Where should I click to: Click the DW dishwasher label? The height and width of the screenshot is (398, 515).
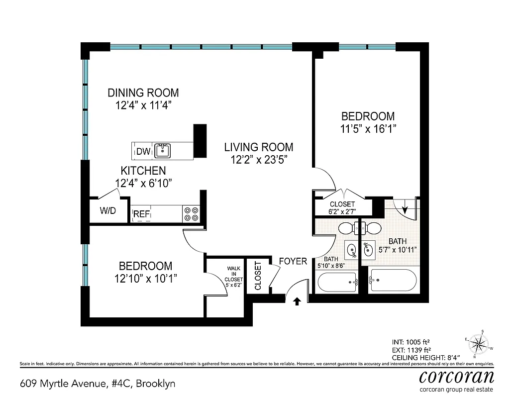[x=143, y=151]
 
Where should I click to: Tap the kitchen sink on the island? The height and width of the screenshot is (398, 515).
[x=162, y=150]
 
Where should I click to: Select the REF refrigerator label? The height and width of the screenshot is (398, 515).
[x=141, y=214]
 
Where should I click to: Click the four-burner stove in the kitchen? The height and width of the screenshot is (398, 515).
[x=192, y=213]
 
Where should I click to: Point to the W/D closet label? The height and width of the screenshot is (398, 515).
[x=107, y=210]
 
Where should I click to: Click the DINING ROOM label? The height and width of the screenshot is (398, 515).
[x=143, y=93]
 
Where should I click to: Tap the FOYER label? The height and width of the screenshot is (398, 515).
[x=293, y=261]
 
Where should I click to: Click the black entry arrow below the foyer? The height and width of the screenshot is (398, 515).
[x=297, y=301]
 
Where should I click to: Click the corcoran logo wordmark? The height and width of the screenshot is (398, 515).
[x=456, y=376]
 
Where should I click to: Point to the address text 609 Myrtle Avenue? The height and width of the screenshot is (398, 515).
[x=98, y=384]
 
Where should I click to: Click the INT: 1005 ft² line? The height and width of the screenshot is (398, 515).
[x=411, y=342]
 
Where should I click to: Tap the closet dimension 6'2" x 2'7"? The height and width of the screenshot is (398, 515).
[x=342, y=212]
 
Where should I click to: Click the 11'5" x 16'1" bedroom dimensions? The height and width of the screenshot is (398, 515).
[x=368, y=128]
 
